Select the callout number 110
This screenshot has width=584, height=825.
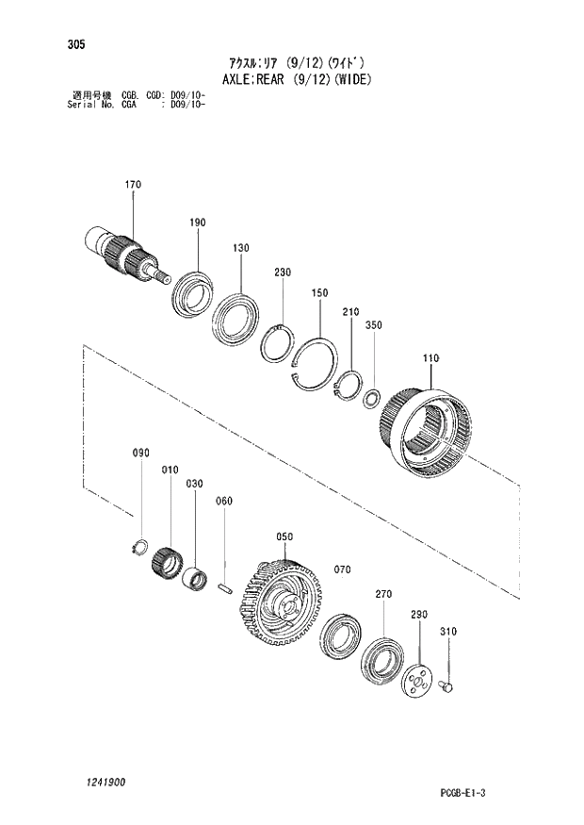[x=431, y=358]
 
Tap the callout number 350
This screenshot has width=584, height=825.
[x=373, y=324]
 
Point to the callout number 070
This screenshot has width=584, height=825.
[x=341, y=569]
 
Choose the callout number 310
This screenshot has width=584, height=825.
[x=447, y=632]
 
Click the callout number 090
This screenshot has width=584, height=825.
[x=140, y=454]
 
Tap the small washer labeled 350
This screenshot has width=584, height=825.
[x=371, y=400]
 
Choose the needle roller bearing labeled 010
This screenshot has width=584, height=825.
[x=167, y=564]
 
